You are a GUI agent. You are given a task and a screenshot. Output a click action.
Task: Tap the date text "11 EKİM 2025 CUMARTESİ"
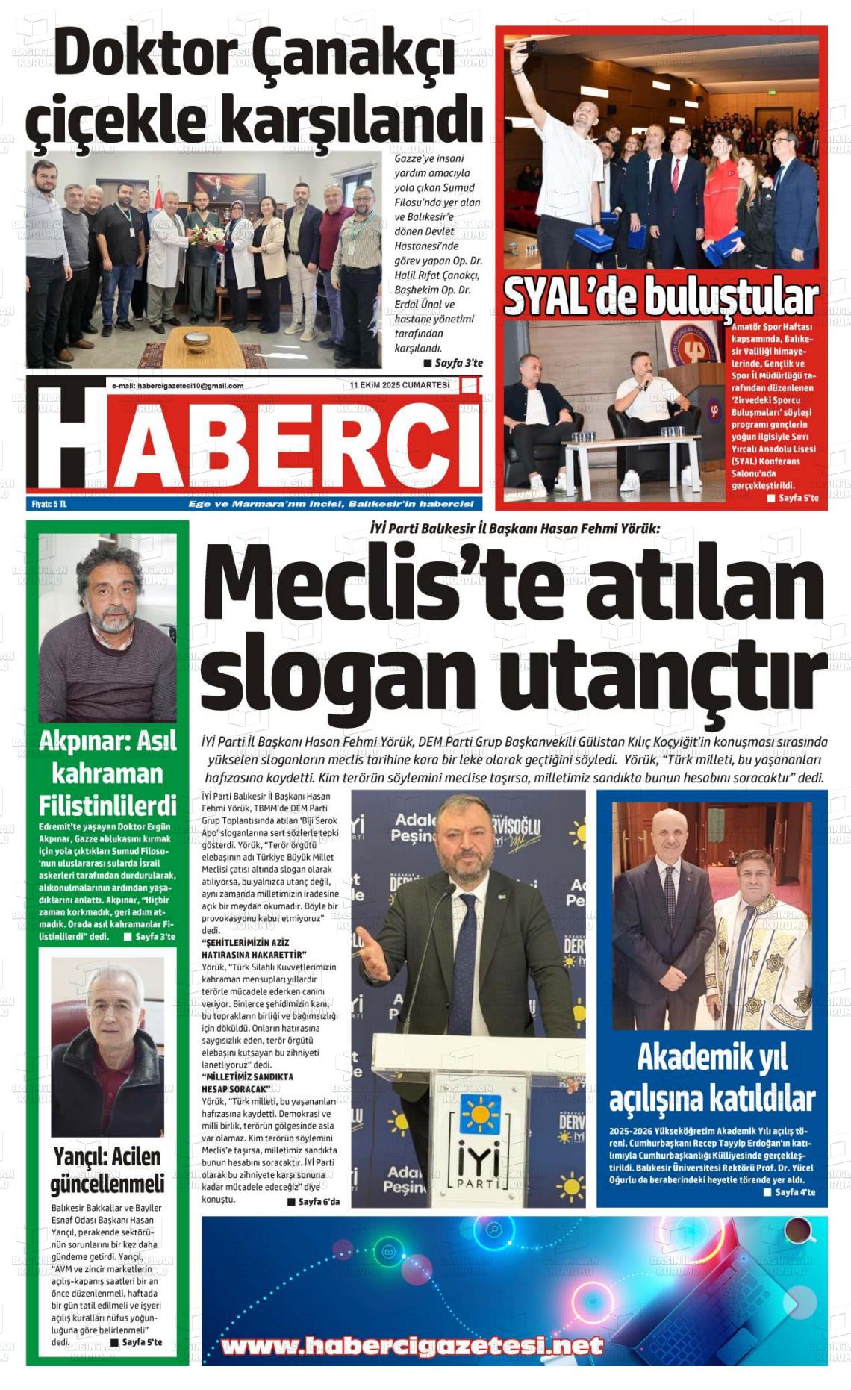click(399, 385)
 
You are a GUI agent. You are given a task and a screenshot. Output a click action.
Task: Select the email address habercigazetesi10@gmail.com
click(178, 386)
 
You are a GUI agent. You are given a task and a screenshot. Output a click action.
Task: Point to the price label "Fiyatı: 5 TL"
click(49, 504)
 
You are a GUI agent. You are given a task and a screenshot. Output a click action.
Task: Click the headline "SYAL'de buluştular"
click(661, 297)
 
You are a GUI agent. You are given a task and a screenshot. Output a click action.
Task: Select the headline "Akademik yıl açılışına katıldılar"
click(711, 1077)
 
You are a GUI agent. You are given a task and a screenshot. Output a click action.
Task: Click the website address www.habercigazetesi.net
click(412, 1346)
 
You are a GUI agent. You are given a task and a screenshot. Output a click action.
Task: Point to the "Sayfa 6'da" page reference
click(314, 1201)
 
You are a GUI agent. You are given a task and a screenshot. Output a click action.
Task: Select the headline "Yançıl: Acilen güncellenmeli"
click(107, 1170)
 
